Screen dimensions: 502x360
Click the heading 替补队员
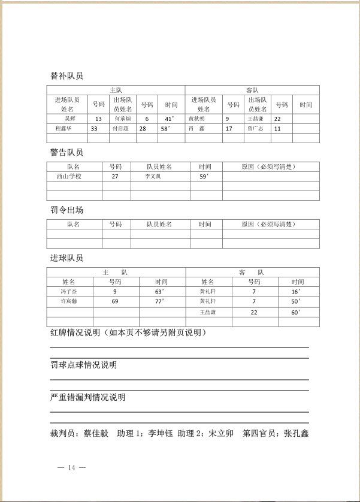(66, 76)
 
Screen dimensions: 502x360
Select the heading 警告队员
(66, 153)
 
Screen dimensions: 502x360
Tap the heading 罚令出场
(66, 210)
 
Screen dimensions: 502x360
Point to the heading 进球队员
(66, 258)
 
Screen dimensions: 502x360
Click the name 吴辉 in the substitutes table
(61, 119)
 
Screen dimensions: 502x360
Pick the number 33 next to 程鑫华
(94, 128)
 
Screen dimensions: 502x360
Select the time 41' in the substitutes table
(170, 119)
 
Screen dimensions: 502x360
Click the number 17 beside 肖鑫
(229, 128)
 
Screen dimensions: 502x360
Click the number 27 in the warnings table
(115, 177)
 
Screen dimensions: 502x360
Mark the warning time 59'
(203, 177)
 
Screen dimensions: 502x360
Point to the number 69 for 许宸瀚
(115, 301)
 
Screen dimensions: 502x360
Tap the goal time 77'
(159, 301)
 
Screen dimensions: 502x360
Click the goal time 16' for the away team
(296, 291)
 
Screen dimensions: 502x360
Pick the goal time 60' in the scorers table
(296, 312)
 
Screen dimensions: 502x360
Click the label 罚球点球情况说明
(83, 365)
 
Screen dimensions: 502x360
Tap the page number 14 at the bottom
(72, 468)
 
